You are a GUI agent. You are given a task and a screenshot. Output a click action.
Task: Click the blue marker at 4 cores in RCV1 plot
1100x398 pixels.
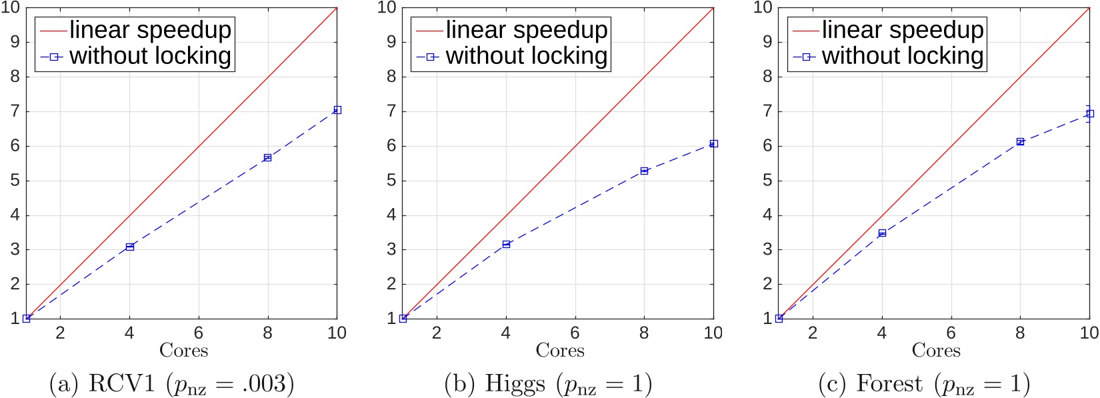tap(130, 247)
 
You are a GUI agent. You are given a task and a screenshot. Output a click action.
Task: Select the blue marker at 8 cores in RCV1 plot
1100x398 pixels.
tap(267, 157)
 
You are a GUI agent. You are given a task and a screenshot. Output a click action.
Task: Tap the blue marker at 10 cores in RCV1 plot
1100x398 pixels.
tap(337, 110)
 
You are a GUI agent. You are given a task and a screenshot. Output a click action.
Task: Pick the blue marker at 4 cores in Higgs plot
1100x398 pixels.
tap(506, 245)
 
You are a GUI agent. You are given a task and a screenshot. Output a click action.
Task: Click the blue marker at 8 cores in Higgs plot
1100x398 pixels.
tap(644, 171)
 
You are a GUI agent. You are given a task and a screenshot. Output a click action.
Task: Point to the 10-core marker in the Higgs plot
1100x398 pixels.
tap(713, 144)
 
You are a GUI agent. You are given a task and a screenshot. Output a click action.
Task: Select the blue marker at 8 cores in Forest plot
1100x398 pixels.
tap(1020, 141)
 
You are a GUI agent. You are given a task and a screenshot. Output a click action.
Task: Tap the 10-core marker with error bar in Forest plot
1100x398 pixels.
tap(1090, 114)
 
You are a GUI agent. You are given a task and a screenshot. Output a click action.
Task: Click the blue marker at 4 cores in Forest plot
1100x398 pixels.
tap(882, 233)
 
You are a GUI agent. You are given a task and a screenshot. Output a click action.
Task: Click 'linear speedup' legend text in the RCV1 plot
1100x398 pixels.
tap(150, 30)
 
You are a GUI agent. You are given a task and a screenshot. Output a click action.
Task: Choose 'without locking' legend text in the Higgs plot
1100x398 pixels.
tap(527, 56)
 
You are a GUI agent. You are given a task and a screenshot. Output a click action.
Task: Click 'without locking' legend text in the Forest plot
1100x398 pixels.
tap(903, 56)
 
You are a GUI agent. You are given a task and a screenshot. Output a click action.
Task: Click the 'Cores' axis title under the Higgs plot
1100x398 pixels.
tap(560, 351)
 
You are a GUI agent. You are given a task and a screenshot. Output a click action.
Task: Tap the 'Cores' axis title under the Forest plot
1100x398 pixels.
tap(936, 351)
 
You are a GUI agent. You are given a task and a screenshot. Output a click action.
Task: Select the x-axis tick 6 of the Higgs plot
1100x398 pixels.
tap(575, 333)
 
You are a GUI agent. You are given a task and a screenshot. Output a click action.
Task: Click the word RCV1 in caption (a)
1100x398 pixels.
tap(117, 384)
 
